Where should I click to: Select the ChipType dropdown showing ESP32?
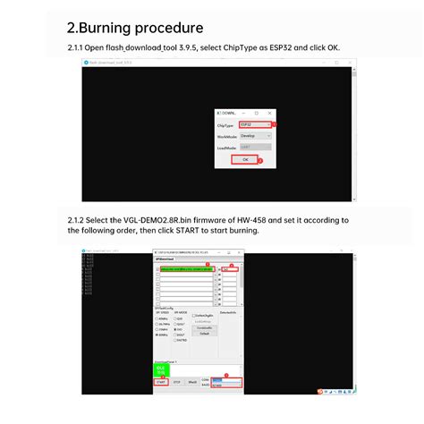[256, 125]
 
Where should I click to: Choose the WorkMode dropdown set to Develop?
[256, 136]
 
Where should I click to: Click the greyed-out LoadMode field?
[256, 147]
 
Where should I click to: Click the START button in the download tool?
[161, 381]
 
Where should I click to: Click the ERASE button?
[192, 381]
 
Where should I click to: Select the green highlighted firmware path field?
[183, 268]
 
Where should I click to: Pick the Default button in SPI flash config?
[203, 333]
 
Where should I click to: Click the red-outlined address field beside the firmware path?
[230, 268]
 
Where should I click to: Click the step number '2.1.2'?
[77, 219]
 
